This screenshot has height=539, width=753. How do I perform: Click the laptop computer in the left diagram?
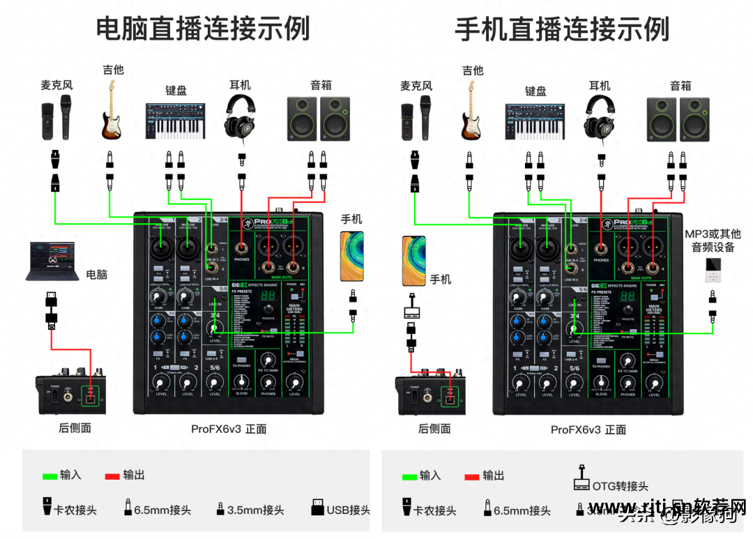(51, 261)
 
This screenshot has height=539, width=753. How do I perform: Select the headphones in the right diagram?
(600, 115)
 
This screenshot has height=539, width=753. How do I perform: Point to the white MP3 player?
(712, 270)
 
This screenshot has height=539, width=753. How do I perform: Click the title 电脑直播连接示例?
(202, 29)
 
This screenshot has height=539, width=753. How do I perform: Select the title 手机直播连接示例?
(562, 29)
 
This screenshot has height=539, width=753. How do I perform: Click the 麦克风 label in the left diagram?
(56, 86)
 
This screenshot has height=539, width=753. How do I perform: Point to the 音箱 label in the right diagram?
(680, 86)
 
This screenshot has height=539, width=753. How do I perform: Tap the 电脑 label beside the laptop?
(96, 274)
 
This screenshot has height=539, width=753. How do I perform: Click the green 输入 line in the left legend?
(50, 476)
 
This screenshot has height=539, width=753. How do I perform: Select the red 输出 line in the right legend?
(471, 477)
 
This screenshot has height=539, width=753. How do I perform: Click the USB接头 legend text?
(348, 510)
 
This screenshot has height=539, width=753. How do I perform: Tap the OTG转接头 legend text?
(621, 485)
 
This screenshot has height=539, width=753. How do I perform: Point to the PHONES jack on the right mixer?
(600, 248)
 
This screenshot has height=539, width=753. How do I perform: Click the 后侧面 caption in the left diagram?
(75, 428)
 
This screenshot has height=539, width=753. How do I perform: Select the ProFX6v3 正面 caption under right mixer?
(588, 430)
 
